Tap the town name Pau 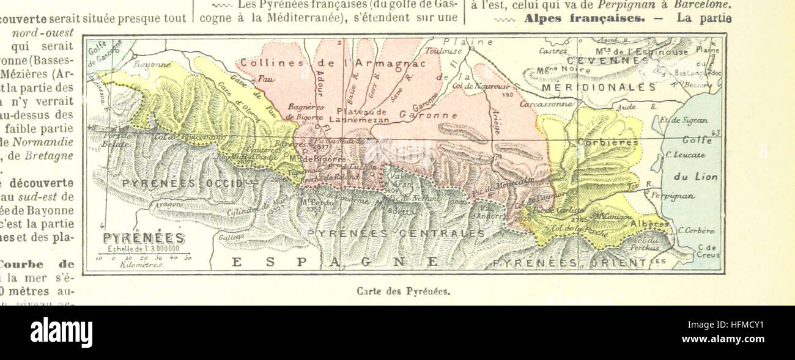pos(265,79)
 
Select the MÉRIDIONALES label pos(599,87)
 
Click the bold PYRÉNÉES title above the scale pos(144,239)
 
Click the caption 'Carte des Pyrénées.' pos(403,291)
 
